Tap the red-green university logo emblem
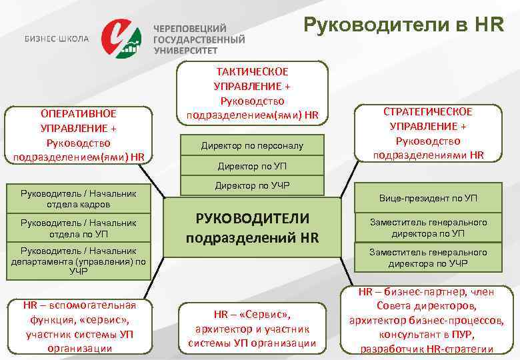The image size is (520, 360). [x=121, y=39]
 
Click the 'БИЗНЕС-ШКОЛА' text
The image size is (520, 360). [x=57, y=39]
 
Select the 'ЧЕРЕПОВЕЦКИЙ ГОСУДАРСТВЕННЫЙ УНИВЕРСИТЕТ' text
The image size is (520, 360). [x=199, y=39]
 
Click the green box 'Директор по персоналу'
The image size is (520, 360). [x=252, y=145]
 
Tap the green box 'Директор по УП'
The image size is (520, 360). [x=252, y=165]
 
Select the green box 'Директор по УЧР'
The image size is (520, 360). [x=252, y=185]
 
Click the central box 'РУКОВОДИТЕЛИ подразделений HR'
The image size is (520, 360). [x=252, y=227]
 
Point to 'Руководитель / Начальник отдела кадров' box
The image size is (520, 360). [x=79, y=198]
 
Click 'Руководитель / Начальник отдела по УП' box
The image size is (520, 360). [x=79, y=228]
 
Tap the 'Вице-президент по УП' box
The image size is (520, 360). [x=429, y=198]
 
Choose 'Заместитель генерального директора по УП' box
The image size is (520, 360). [x=429, y=227]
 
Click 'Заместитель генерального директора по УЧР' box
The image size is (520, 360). [x=429, y=257]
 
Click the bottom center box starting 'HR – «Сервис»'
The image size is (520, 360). [x=252, y=327]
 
